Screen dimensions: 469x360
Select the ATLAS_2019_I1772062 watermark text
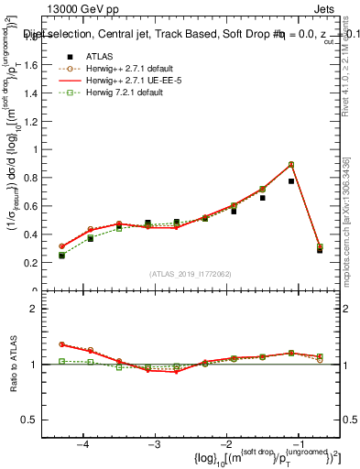[190, 274]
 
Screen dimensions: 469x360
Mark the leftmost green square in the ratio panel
[61, 361]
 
